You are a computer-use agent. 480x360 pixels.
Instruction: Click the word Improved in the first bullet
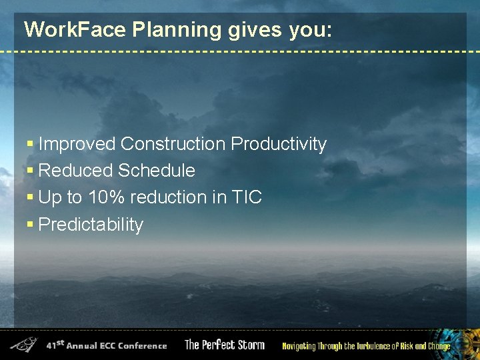click(x=77, y=144)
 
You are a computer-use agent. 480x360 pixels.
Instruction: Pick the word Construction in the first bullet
click(x=173, y=144)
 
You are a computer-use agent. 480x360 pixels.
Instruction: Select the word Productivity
click(x=279, y=144)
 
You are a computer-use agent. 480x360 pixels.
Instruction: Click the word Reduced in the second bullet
click(x=76, y=171)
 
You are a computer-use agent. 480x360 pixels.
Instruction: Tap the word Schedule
click(x=157, y=171)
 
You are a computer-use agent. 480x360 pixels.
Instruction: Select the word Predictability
click(x=91, y=225)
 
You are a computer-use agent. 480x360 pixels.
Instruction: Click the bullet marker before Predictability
click(x=29, y=225)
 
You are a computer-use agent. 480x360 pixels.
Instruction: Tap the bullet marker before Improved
click(x=29, y=144)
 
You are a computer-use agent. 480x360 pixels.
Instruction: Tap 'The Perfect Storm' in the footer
click(x=225, y=345)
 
